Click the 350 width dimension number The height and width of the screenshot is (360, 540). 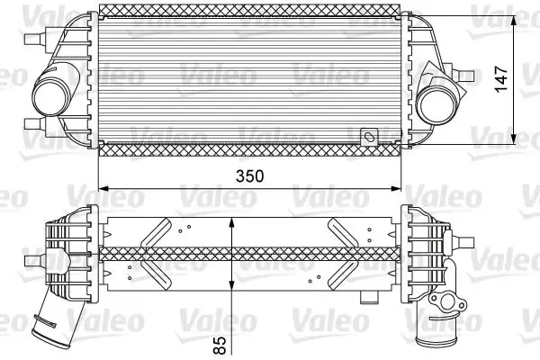249,177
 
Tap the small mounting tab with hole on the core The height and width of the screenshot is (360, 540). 368,138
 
